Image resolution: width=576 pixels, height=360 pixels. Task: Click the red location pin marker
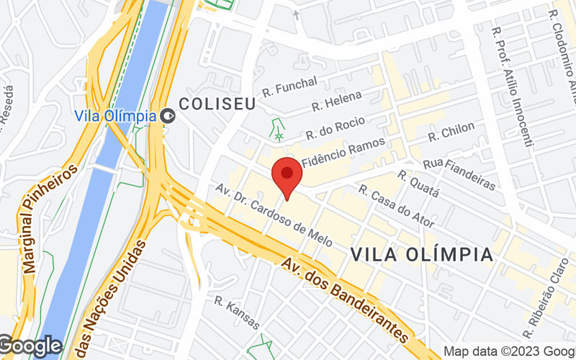(x=287, y=175)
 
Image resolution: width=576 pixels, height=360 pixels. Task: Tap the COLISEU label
(x=217, y=104)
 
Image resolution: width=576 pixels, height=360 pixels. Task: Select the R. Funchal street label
(x=289, y=87)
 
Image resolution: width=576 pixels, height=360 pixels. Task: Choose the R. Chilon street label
(x=451, y=132)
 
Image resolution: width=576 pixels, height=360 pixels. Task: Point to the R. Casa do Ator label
(x=396, y=207)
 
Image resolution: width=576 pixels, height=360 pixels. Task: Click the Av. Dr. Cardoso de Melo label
(x=274, y=215)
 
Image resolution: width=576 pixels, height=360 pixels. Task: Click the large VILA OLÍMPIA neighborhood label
(x=422, y=254)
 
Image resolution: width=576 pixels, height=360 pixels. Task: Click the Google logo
(x=30, y=346)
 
